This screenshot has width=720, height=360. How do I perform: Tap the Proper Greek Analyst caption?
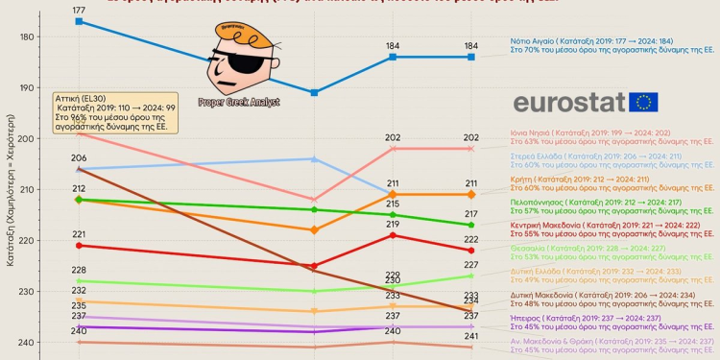pyautogui.click(x=239, y=102)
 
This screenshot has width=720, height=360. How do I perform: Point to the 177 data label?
pyautogui.click(x=79, y=9)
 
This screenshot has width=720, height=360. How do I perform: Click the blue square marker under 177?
pyautogui.click(x=79, y=21)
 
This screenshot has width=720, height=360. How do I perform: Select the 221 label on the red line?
pyautogui.click(x=79, y=234)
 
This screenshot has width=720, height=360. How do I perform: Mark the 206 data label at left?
pyautogui.click(x=79, y=158)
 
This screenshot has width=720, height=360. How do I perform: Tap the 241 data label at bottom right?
pyautogui.click(x=471, y=336)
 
